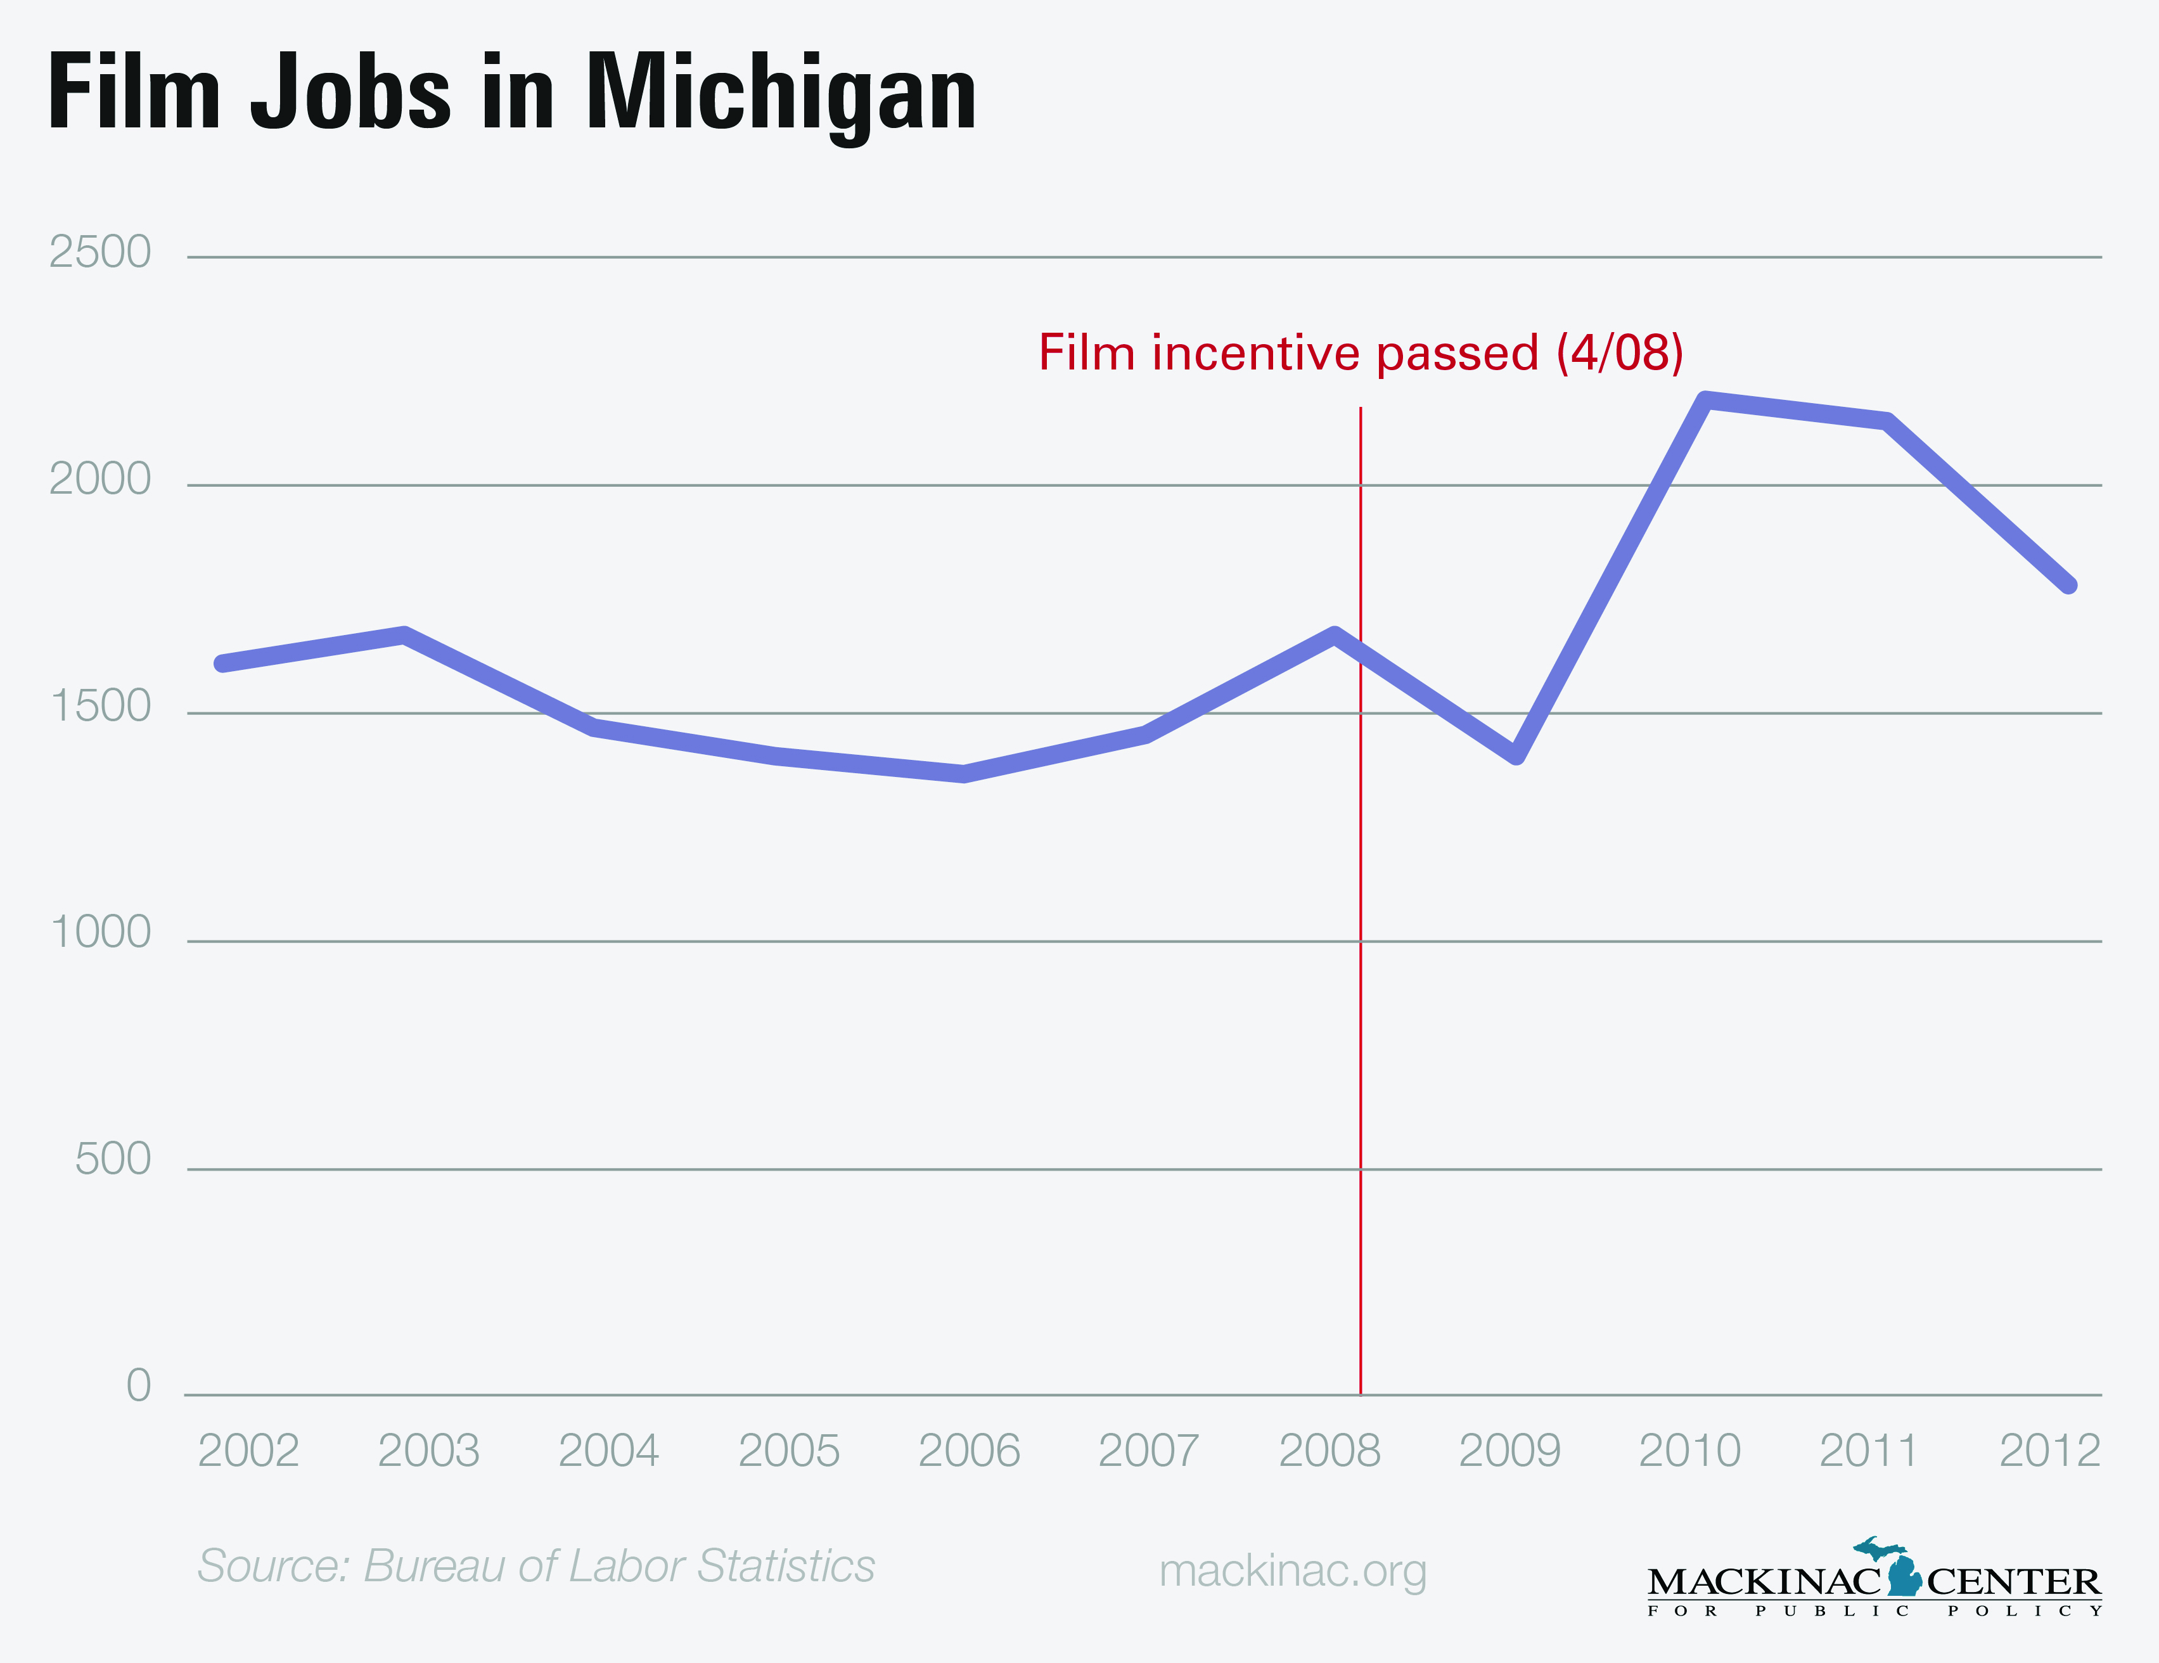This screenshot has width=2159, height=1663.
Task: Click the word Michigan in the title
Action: pos(781,94)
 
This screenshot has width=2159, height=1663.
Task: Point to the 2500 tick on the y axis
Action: pos(100,252)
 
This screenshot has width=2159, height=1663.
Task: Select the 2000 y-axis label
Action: pos(100,480)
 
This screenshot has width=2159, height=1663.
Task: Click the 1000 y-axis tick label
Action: pos(100,932)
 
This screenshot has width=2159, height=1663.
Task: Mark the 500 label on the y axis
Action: pos(113,1160)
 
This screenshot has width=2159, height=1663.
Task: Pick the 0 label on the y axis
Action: pos(138,1386)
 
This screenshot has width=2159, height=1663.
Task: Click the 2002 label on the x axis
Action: pos(248,1451)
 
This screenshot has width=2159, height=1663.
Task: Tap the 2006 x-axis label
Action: pos(969,1451)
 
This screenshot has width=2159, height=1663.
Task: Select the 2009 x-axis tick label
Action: pos(1509,1451)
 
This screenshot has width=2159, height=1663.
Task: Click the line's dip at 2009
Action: pos(1516,756)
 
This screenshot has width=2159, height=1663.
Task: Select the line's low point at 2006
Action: pos(964,774)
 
